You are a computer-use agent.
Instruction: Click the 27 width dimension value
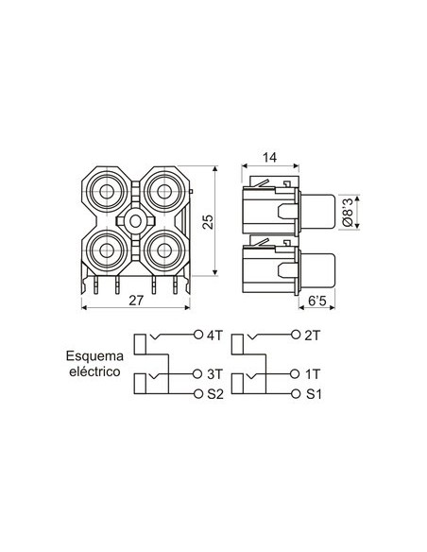[x=137, y=301]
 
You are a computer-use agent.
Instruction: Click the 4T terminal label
[x=214, y=335]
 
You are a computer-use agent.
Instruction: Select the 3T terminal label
[x=214, y=374]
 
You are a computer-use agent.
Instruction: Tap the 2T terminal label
[x=315, y=335]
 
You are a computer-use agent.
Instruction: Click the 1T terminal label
[x=315, y=374]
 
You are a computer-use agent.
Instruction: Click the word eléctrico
[x=92, y=372]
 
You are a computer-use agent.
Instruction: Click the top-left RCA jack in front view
[x=107, y=192]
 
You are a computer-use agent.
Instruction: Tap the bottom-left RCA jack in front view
[x=107, y=251]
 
